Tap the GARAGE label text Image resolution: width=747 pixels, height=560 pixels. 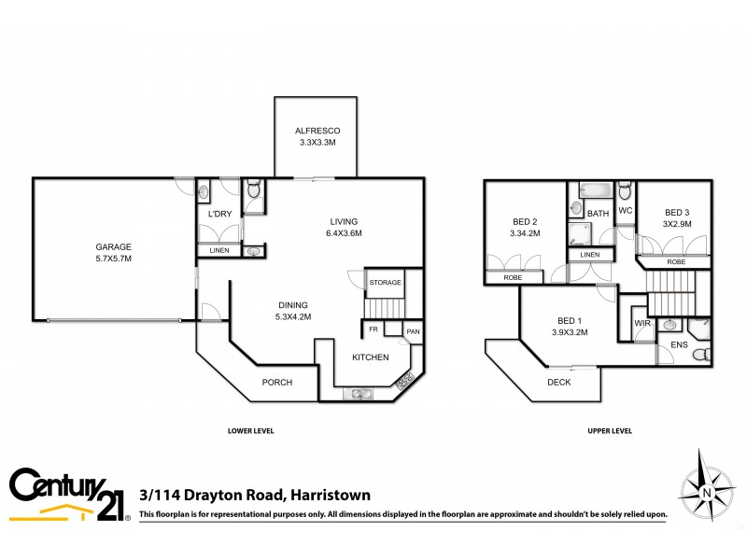pos(113,246)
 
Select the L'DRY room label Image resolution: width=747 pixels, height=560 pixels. pos(219,215)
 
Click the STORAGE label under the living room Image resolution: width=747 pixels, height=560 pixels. pos(385,282)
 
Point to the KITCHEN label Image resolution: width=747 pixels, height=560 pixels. pos(370,357)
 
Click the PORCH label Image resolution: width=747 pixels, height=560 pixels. pos(276,383)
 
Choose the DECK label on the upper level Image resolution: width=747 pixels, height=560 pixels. pos(558,383)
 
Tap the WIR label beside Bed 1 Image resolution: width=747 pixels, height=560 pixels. pos(641,324)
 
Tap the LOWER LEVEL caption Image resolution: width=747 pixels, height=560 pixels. pos(250,431)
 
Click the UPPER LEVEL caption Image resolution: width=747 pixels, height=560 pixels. pos(609,431)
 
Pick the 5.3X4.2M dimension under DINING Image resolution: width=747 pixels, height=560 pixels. pos(292,315)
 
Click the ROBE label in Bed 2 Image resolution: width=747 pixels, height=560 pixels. pos(513,278)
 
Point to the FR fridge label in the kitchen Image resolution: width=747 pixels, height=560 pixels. pos(373,329)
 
